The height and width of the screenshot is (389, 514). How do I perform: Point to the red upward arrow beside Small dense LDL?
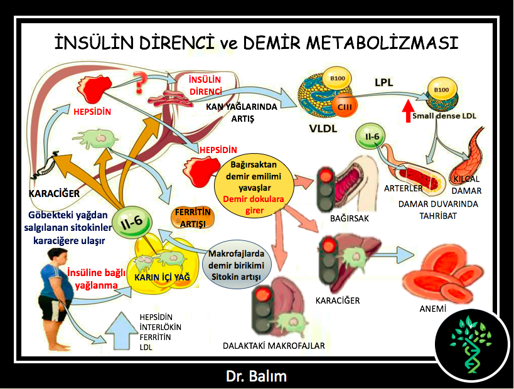[408, 110]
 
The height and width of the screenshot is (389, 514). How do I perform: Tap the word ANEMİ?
[432, 309]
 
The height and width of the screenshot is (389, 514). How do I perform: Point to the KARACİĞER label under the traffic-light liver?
[338, 301]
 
